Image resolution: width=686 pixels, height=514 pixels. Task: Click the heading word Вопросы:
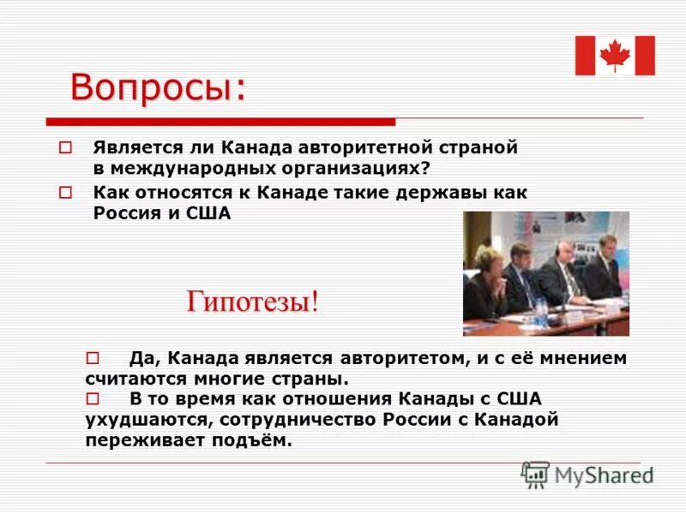(x=157, y=89)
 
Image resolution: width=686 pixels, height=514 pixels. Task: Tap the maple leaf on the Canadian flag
(x=615, y=56)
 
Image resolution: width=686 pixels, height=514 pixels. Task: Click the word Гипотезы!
(x=253, y=302)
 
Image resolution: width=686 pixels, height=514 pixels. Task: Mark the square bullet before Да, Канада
(x=93, y=357)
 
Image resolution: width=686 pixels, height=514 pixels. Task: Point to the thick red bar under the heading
(x=220, y=122)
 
